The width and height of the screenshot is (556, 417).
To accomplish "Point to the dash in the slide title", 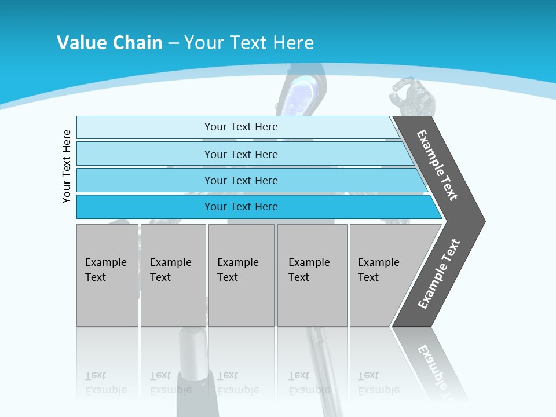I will pyautogui.click(x=173, y=43).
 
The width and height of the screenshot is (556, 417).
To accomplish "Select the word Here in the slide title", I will pyautogui.click(x=293, y=42).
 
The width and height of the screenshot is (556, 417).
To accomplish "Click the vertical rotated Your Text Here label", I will pyautogui.click(x=67, y=166).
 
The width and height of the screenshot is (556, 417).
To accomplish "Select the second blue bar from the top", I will pyautogui.click(x=240, y=154).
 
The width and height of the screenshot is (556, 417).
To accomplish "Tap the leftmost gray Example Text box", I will pyautogui.click(x=107, y=275).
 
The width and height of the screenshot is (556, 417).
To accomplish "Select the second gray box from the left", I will pyautogui.click(x=173, y=275).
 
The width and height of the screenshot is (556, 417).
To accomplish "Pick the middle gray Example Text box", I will pyautogui.click(x=241, y=275).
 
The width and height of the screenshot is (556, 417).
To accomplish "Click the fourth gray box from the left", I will pyautogui.click(x=312, y=275).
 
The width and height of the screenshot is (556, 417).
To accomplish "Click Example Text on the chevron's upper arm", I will pyautogui.click(x=437, y=166).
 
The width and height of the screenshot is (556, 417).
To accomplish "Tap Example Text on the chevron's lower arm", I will pyautogui.click(x=438, y=274).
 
